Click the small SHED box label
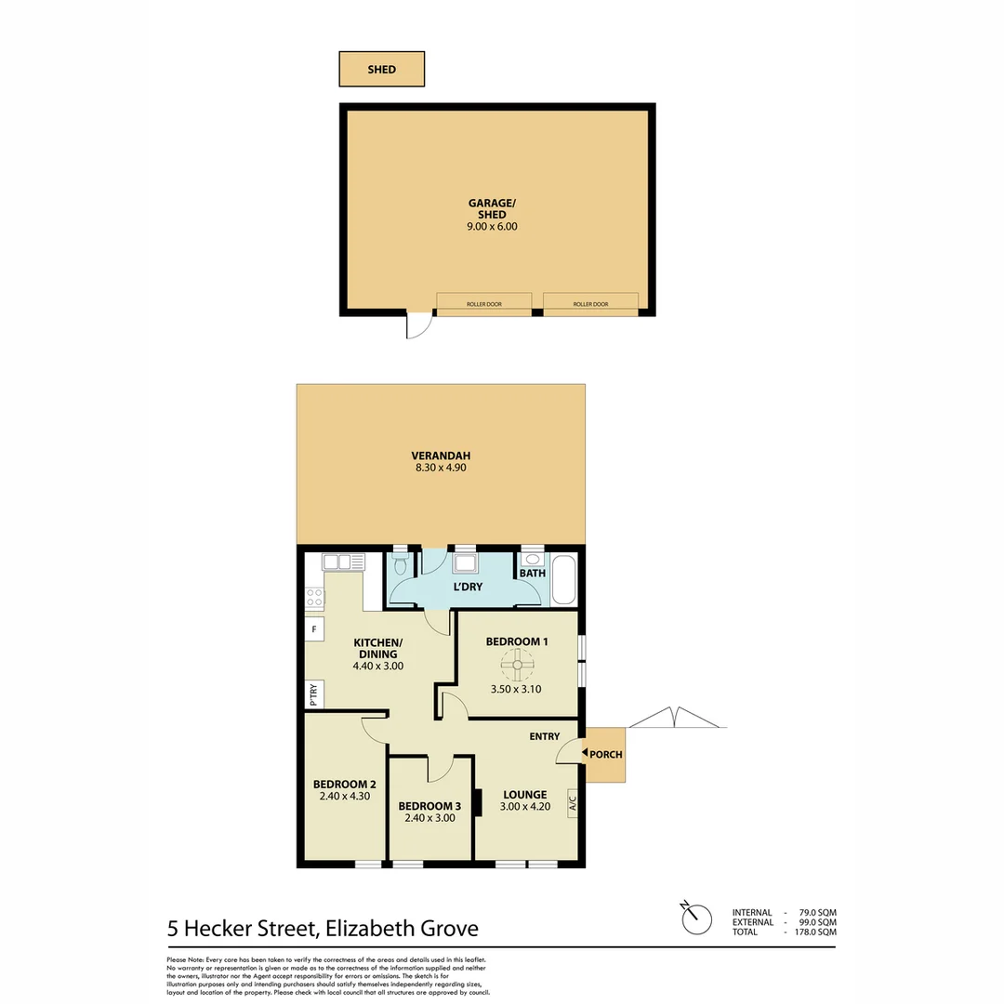[x=381, y=70]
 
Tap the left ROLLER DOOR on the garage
[x=483, y=304]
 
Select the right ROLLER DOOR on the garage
[x=590, y=304]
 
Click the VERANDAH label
[x=441, y=456]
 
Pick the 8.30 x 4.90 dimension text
[x=441, y=469]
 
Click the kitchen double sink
[x=343, y=561]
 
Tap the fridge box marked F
[x=314, y=629]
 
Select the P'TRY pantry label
[x=313, y=694]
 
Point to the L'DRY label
[x=468, y=588]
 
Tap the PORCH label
[x=606, y=755]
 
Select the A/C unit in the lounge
[x=573, y=800]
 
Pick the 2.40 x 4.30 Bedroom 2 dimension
[x=343, y=796]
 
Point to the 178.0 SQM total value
[x=815, y=931]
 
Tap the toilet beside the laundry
[x=401, y=564]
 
